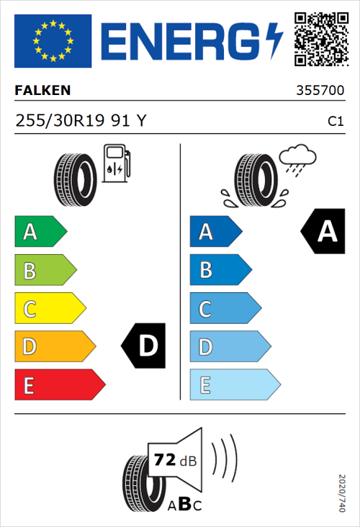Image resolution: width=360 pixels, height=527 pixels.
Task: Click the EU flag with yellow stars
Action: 53,40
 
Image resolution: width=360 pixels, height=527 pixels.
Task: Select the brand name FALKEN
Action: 42,91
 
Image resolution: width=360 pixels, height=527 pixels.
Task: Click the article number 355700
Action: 320,91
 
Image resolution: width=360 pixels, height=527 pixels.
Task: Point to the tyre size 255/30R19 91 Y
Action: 81,121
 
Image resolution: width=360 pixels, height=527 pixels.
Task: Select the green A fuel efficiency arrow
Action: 40,232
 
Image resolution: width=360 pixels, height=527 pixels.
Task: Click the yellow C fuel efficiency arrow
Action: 49,308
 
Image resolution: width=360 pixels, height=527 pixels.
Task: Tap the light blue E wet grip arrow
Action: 234,384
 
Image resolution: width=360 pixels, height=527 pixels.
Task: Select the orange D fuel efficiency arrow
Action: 54,346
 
